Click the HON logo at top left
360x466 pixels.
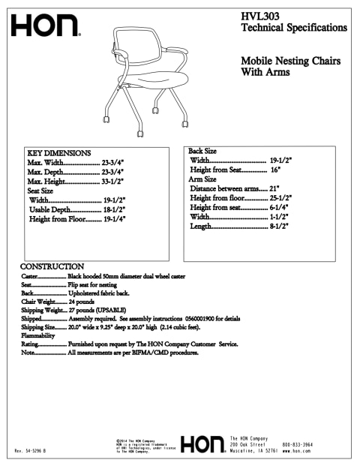tap(45, 27)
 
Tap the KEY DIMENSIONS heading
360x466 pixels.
tap(58, 153)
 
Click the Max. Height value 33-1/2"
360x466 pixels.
tap(112, 181)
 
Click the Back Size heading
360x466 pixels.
tap(202, 151)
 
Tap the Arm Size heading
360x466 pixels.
tap(202, 179)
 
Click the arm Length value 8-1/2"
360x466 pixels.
tap(280, 226)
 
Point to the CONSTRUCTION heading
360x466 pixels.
tap(52, 266)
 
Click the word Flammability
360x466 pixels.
tap(40, 335)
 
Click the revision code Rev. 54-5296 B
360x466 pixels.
tap(31, 450)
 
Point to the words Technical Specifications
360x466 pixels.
tap(293, 28)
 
